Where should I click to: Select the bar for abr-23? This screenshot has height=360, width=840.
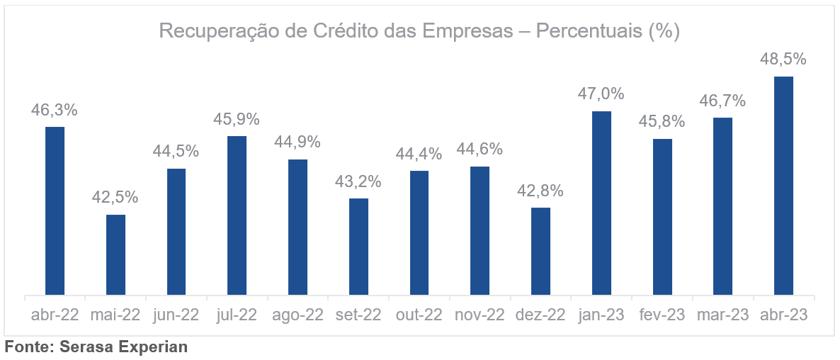pos(783,186)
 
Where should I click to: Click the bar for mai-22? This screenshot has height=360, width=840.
pos(115,254)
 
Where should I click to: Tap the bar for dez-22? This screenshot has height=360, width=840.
pos(540,251)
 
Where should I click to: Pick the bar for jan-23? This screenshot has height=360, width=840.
pos(601,203)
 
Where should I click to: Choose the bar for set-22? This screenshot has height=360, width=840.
pos(358,247)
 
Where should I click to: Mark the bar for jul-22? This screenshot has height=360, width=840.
pos(237,215)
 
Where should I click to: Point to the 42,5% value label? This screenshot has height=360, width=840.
pos(115,198)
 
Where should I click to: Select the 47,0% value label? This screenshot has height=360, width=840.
pos(601,94)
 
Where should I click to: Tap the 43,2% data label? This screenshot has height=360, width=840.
pos(358,181)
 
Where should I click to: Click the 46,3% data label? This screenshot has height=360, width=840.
pos(55,111)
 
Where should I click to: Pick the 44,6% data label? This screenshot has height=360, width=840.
pos(479,150)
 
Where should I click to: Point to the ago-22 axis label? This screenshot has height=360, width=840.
pos(297,315)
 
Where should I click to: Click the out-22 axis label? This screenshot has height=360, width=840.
pos(419,315)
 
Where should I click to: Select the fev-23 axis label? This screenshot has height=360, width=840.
pos(662,315)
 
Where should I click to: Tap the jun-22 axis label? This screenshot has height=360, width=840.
pos(176,315)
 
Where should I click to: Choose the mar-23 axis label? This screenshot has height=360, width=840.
pos(722,315)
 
